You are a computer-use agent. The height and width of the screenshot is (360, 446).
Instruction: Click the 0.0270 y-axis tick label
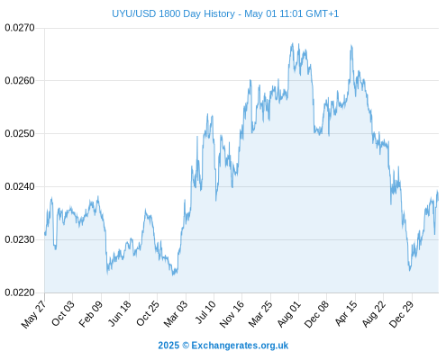[x=20, y=28]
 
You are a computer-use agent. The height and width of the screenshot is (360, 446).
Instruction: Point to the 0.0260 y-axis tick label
[x=20, y=80]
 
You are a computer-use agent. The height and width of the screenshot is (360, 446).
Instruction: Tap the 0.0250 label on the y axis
[x=20, y=133]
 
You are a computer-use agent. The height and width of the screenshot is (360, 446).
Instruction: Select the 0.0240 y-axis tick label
[x=20, y=186]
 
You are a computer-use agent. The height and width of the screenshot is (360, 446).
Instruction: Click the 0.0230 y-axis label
[x=20, y=239]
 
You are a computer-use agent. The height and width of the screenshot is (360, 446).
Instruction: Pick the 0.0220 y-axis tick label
[x=20, y=292]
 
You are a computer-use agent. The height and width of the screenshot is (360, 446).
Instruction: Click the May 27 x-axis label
[x=33, y=314]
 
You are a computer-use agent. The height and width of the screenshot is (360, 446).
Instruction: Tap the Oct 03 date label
[x=62, y=313]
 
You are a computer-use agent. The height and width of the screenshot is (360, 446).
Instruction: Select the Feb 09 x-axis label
[x=90, y=313]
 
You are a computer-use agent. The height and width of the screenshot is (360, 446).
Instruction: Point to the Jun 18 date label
[x=119, y=313]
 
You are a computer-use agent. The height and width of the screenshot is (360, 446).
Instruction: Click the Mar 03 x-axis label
[x=176, y=313]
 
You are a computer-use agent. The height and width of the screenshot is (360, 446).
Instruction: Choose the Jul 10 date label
[x=205, y=312]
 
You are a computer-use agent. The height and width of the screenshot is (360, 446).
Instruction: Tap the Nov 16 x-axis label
[x=232, y=314]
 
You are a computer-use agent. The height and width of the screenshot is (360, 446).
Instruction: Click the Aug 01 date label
[x=288, y=314]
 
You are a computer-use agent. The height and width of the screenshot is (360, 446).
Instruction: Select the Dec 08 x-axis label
[x=316, y=314]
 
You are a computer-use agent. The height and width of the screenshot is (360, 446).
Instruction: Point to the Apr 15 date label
[x=346, y=313]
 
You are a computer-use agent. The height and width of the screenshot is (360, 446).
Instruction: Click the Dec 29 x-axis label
[x=401, y=314]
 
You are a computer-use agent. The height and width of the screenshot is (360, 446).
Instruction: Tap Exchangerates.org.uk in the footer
[x=240, y=346]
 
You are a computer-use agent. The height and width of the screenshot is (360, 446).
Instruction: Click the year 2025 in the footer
[x=168, y=346]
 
